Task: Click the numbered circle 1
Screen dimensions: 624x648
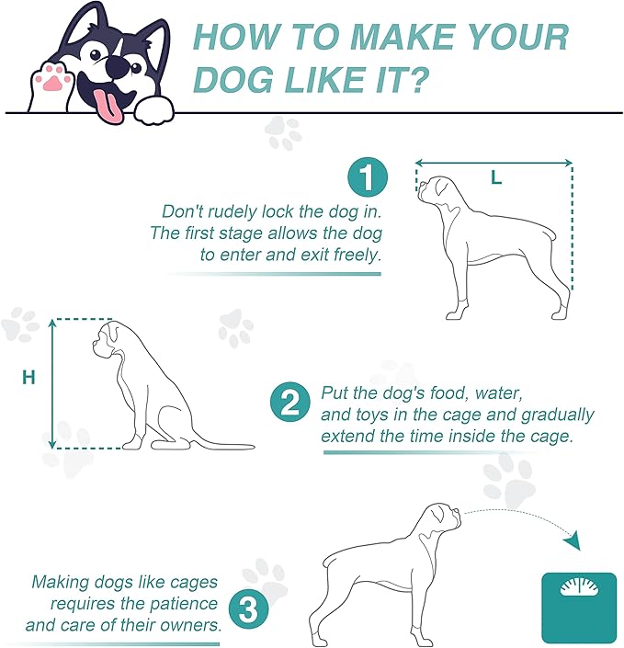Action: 368,176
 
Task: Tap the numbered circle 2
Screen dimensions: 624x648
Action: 290,403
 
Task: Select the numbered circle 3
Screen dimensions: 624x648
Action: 248,608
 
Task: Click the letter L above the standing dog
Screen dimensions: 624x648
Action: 496,178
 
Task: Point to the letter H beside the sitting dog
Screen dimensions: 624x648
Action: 28,378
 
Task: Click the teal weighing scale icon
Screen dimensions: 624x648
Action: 579,607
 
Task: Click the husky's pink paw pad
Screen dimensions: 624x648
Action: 52,81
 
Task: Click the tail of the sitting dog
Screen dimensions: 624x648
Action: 223,446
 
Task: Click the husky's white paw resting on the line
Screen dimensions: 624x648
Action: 154,110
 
